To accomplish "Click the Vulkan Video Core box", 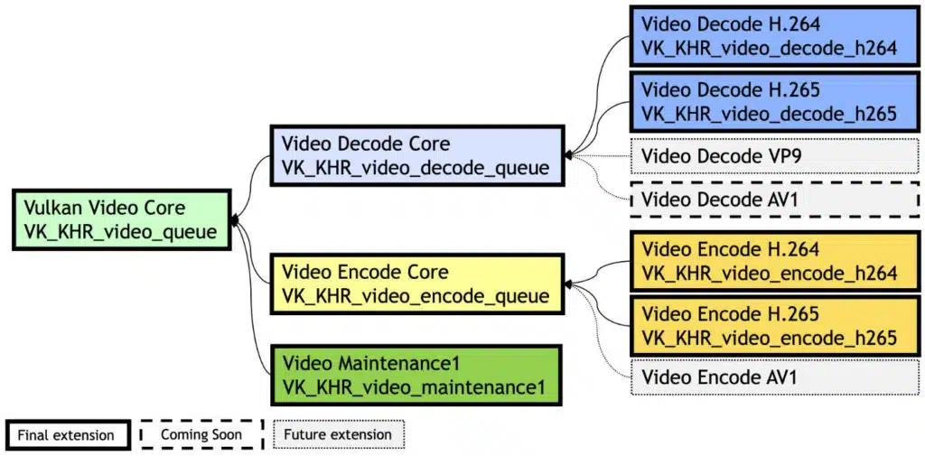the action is coord(122,220).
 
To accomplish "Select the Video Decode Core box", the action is coord(416,155).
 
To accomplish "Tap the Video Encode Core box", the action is coord(416,284).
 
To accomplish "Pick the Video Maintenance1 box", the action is coord(416,375).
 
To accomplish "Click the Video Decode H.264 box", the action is coord(774,35).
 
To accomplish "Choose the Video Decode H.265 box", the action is coord(774,101).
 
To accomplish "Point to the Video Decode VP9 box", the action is coord(774,155).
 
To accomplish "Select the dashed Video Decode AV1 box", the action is coord(774,200).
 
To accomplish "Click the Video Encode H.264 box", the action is coord(774,261).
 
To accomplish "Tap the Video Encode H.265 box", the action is coord(774,326).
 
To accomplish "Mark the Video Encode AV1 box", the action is coord(774,377).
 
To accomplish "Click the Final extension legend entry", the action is coord(69,435).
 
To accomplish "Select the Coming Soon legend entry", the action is coord(201,434).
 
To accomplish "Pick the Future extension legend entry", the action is coord(339,434).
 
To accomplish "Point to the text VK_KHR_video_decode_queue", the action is coord(416,168).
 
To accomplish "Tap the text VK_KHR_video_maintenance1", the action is coord(413,387).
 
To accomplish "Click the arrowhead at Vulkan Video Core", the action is coord(234,220).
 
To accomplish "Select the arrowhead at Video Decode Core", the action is coord(567,155).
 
